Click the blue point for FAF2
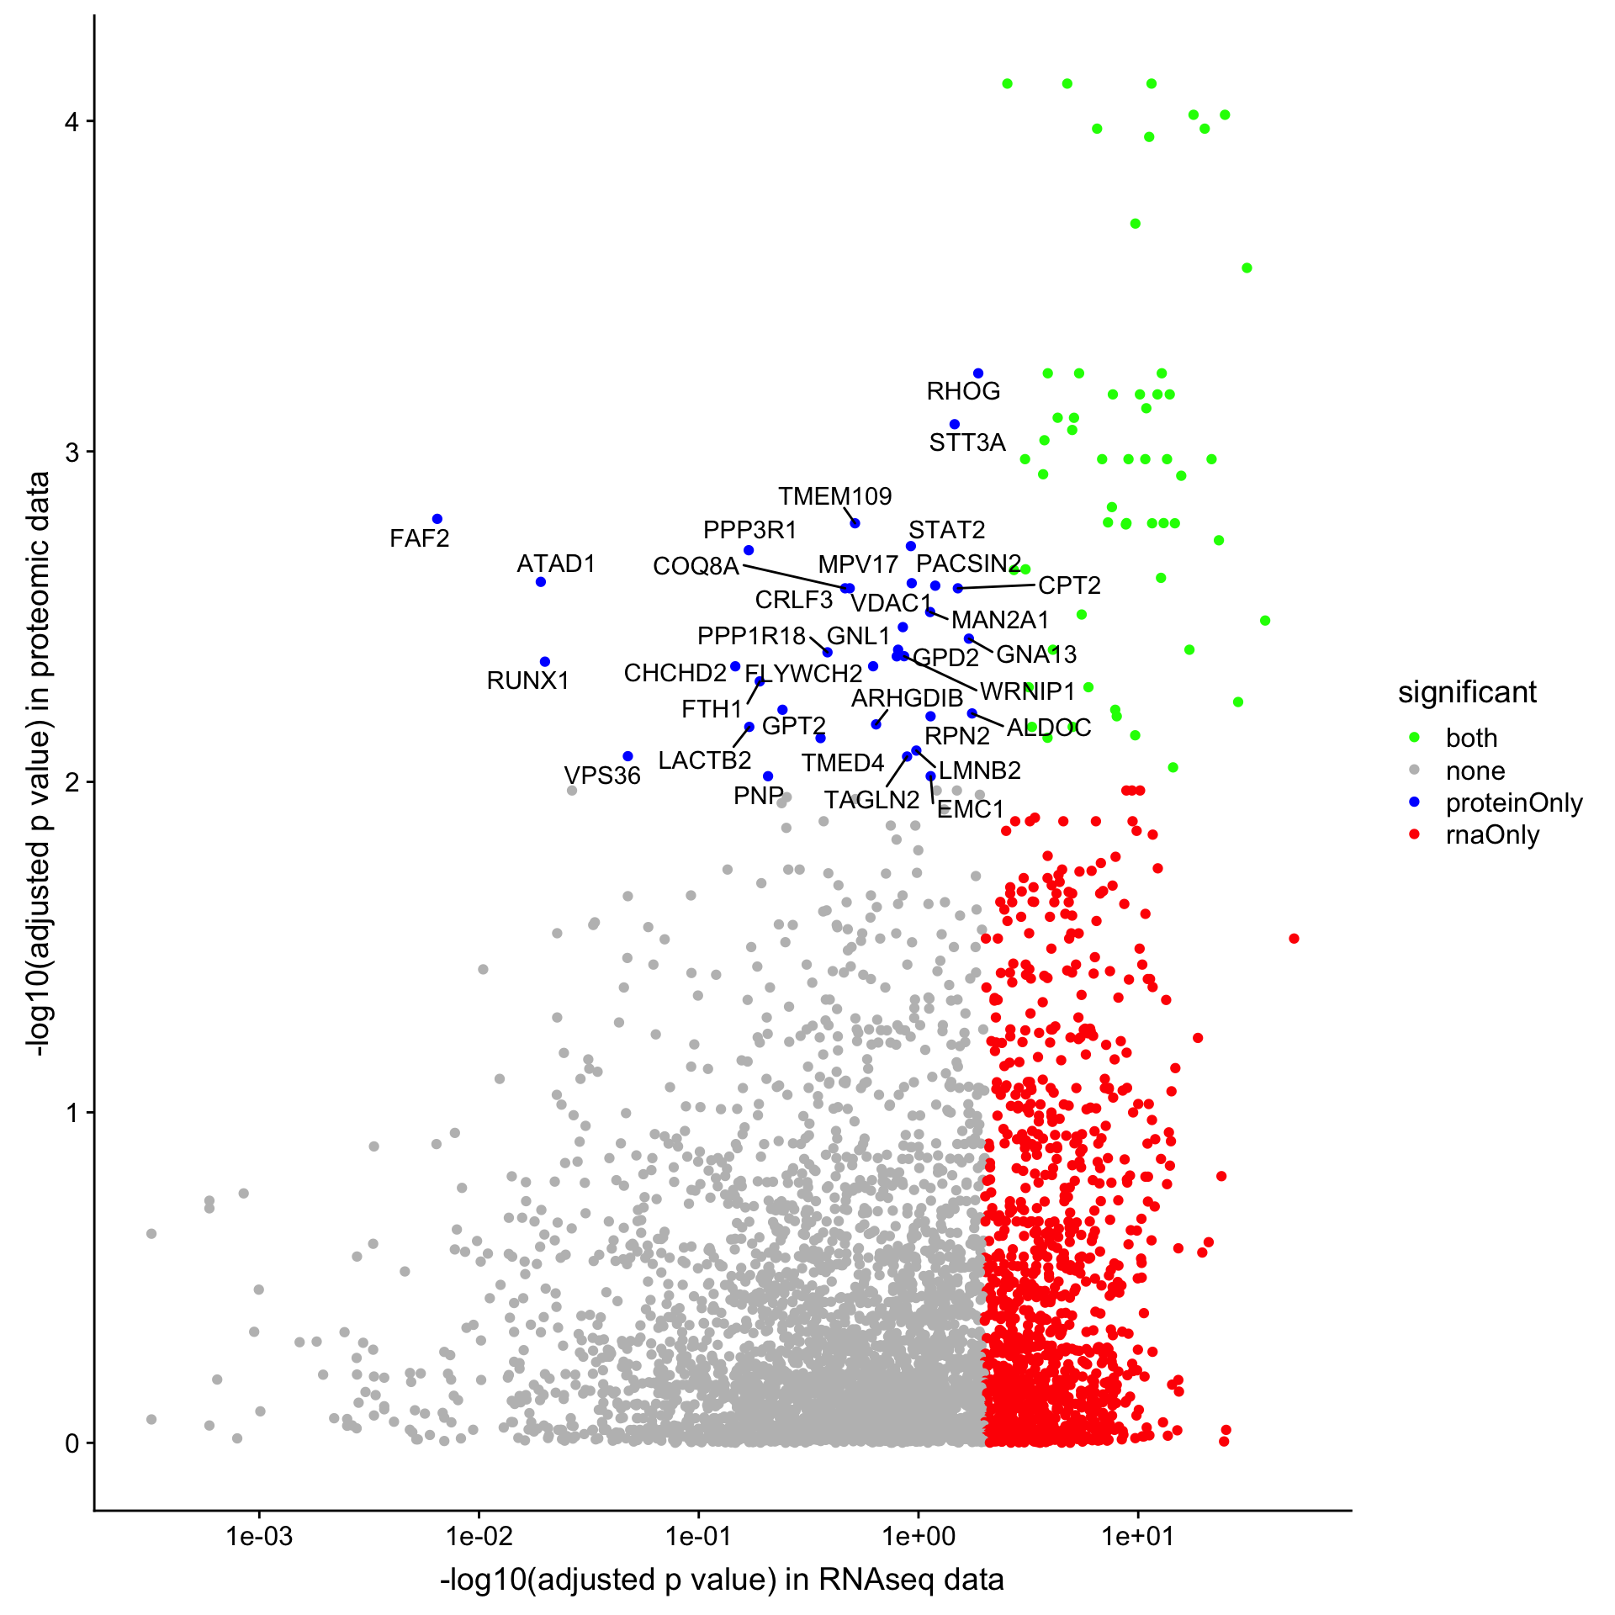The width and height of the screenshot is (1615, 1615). click(437, 519)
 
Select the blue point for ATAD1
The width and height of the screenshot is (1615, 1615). click(541, 582)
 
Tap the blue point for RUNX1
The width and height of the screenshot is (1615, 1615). click(544, 662)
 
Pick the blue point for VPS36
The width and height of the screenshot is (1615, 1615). click(627, 756)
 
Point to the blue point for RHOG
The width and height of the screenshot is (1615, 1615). click(978, 373)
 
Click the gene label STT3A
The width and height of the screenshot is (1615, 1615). click(967, 442)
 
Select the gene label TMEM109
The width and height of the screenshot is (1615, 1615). click(834, 496)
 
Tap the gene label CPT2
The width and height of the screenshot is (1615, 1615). click(1069, 585)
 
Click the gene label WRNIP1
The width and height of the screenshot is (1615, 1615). click(1028, 691)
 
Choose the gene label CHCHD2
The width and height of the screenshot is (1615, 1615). click(675, 673)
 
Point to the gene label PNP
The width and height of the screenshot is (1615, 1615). click(758, 796)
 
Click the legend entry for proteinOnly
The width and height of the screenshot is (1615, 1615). click(1513, 803)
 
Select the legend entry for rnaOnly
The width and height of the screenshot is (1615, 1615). click(1492, 835)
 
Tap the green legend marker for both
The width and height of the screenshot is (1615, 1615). click(1414, 738)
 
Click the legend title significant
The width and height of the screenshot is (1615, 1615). click(1467, 692)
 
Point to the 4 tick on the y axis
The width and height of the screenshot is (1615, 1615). click(73, 122)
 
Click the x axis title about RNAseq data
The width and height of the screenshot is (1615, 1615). click(722, 1580)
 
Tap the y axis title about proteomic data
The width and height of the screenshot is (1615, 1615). click(38, 764)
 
